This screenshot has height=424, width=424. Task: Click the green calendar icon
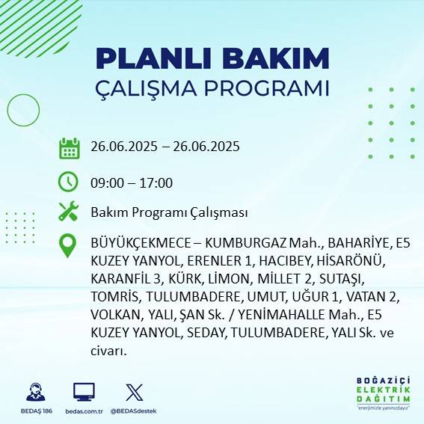click(x=69, y=148)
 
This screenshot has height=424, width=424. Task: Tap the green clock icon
click(x=69, y=182)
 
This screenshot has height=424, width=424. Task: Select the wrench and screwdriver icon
click(x=69, y=212)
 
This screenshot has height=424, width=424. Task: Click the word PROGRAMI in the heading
click(x=264, y=87)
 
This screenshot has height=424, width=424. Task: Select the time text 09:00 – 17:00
click(x=132, y=182)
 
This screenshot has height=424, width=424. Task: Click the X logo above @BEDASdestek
click(x=134, y=392)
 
